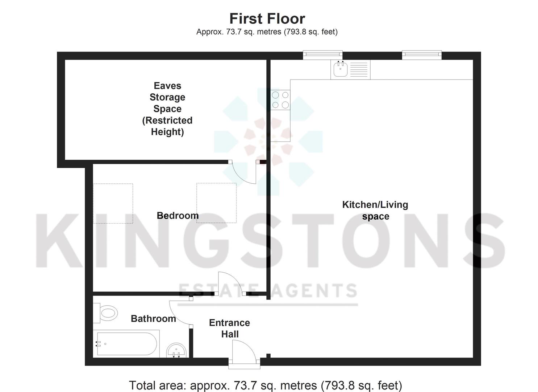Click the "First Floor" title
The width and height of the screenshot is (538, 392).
267,19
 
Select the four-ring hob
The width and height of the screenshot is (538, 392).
280,100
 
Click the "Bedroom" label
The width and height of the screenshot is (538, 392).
178,216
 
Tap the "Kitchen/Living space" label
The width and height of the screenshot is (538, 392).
375,211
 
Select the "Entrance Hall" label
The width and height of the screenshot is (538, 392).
229,328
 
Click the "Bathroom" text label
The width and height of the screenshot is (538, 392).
153,319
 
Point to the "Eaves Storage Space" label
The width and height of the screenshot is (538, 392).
167,109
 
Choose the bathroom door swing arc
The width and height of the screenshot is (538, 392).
179,313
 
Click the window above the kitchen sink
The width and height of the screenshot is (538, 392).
322,55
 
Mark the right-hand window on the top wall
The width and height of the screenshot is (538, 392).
422,55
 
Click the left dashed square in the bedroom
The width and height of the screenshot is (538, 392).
113,203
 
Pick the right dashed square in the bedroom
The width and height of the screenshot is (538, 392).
216,203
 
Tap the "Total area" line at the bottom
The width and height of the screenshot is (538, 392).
265,385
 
